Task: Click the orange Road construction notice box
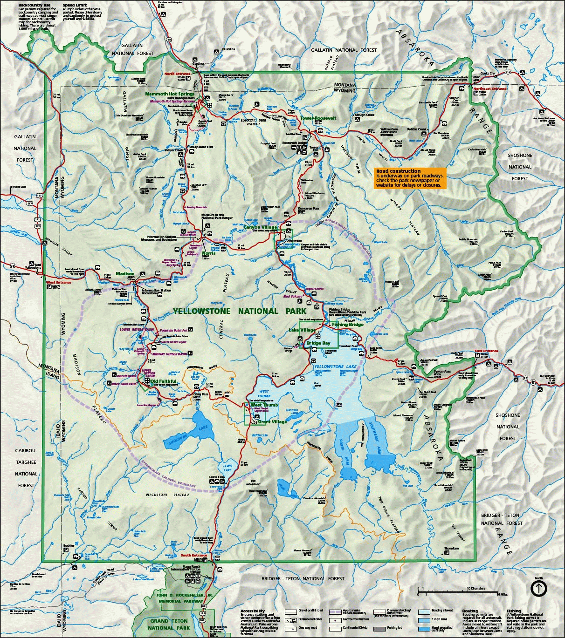(410, 178)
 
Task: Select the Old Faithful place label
(163, 381)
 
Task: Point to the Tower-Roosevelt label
(318, 118)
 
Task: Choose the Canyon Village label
(260, 227)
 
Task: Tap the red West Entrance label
(58, 282)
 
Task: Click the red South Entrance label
(193, 556)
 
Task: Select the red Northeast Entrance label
(489, 88)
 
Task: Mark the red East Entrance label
(487, 351)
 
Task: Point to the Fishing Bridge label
(348, 324)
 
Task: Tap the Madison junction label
(125, 273)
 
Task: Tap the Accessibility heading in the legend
(253, 611)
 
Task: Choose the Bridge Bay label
(318, 343)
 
